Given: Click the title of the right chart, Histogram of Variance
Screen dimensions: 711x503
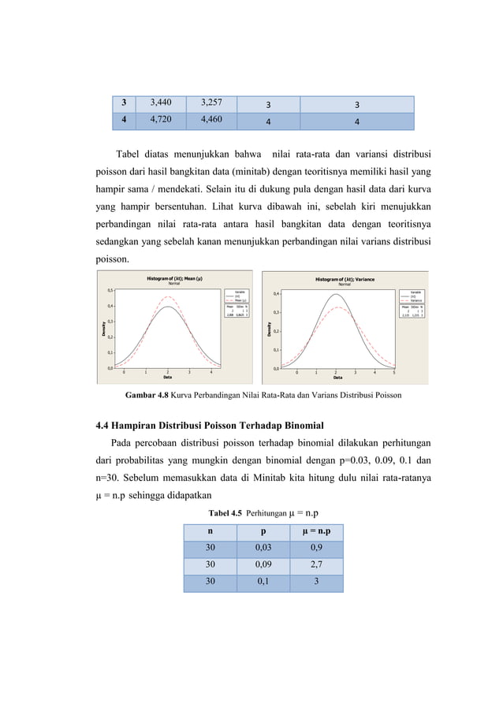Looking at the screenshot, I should pos(345,279).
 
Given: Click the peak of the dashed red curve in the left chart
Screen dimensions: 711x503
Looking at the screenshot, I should pos(168,297).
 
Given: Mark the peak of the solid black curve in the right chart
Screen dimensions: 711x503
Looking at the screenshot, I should pos(336,294).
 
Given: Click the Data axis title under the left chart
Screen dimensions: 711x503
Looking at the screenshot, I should pos(168,378).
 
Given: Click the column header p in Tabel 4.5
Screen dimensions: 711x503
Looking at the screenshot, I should pos(263,531).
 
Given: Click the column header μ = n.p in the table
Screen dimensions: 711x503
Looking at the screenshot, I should pos(315,531).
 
